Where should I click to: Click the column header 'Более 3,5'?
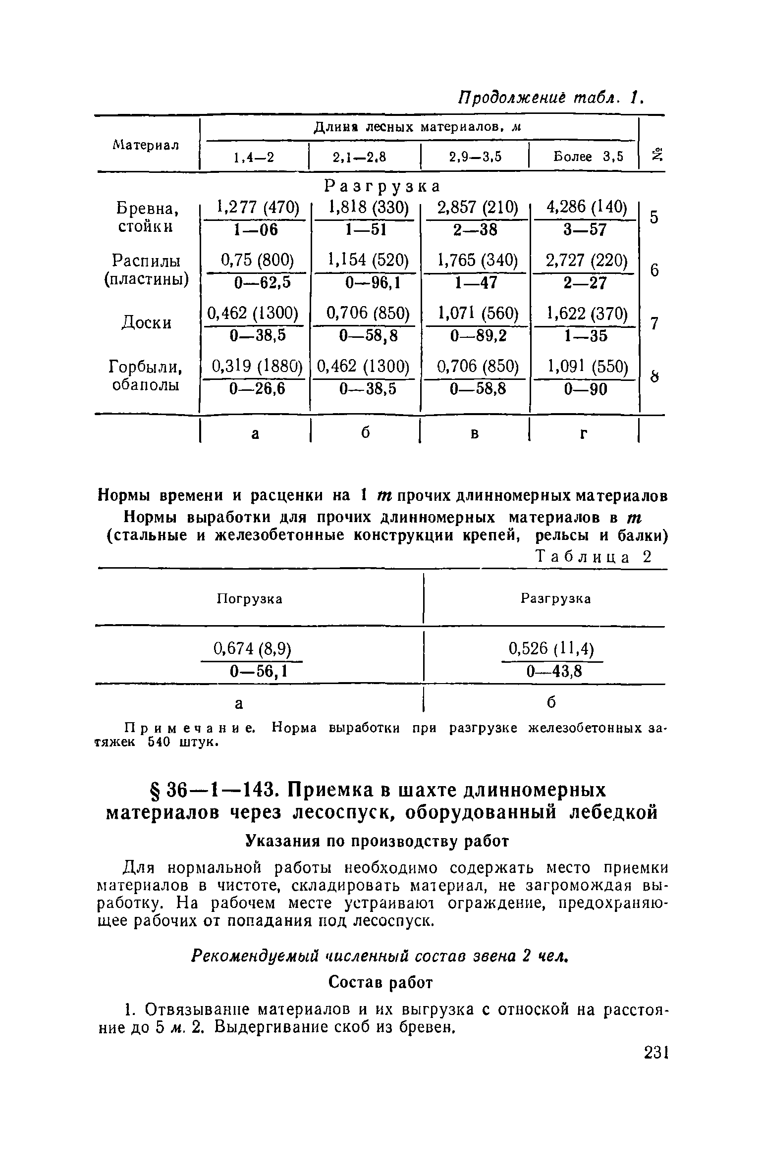click(588, 157)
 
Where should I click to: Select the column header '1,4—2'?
click(254, 158)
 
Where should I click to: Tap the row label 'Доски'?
click(147, 322)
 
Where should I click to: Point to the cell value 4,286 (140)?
click(586, 207)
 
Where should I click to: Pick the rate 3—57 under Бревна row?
click(585, 229)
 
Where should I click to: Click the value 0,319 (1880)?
click(257, 367)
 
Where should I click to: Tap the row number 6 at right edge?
click(654, 270)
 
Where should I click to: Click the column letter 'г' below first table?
click(584, 433)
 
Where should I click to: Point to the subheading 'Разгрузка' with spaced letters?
click(382, 186)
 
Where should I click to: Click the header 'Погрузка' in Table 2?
click(250, 599)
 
